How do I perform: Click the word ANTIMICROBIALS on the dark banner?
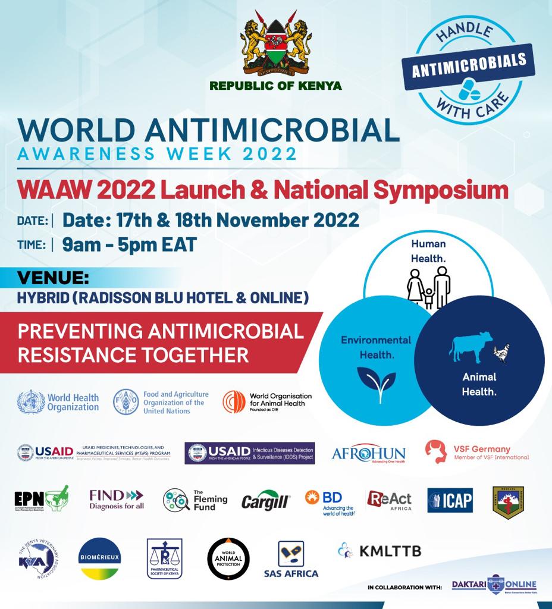(469, 64)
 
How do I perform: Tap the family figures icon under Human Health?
(429, 287)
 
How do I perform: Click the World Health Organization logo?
(58, 402)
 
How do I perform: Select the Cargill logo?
(265, 501)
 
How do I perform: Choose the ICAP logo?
(450, 501)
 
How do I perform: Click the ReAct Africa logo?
(389, 501)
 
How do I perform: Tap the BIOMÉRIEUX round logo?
(100, 558)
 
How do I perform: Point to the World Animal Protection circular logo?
(228, 558)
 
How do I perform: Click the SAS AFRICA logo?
(291, 558)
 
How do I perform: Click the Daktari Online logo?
(494, 585)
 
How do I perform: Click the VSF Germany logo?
(477, 453)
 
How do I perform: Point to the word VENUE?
(54, 278)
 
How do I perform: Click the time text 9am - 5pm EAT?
(129, 244)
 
